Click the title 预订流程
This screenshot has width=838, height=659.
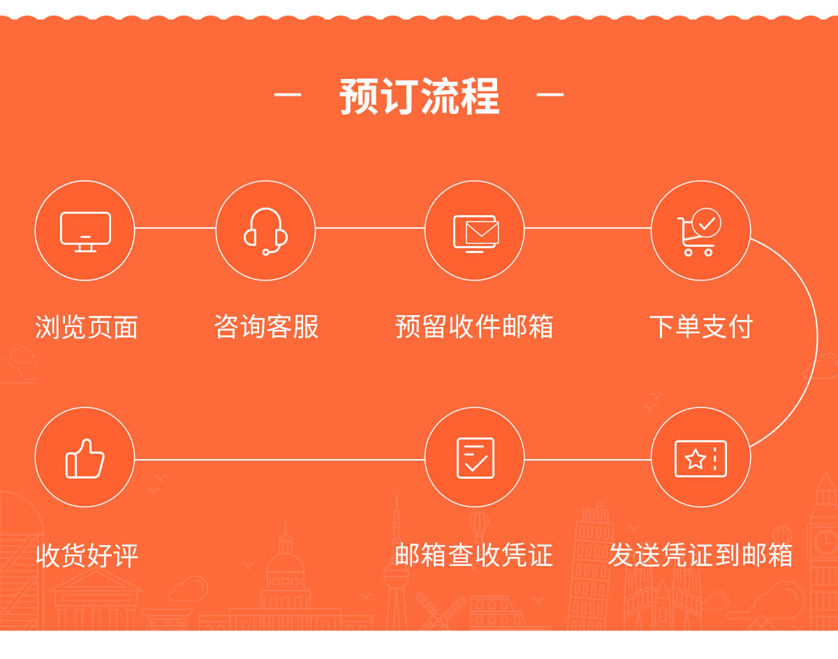coord(419,96)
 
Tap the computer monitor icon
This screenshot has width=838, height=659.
coord(85,232)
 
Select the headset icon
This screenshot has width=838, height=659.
coord(265,231)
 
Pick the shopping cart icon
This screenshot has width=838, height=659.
coord(699,232)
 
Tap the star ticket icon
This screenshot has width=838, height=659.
coord(700,458)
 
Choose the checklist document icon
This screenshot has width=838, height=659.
coord(475,458)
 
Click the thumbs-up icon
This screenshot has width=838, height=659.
coord(84,458)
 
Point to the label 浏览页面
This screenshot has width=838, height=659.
coord(87,327)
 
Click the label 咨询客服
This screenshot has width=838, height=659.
coord(267,326)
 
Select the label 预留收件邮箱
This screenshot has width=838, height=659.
coord(474,326)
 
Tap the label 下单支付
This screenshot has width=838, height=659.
coord(701,326)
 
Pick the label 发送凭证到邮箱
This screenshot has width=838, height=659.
coord(700,555)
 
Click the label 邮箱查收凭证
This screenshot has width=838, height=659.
coord(474,555)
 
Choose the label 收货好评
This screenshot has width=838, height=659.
coord(87,556)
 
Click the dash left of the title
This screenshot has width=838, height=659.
coord(288,94)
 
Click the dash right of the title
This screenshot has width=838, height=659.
coord(550,94)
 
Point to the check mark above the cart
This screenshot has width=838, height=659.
coord(707,223)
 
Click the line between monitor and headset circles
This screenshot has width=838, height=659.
coord(175,228)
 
